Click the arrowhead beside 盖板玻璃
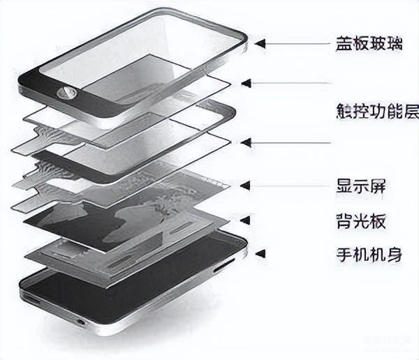260,43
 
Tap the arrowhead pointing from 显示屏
244,186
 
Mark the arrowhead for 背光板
247,222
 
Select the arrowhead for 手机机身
260,254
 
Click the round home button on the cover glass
70,91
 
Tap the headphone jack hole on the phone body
82,322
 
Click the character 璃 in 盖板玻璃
396,43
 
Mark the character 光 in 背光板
362,222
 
